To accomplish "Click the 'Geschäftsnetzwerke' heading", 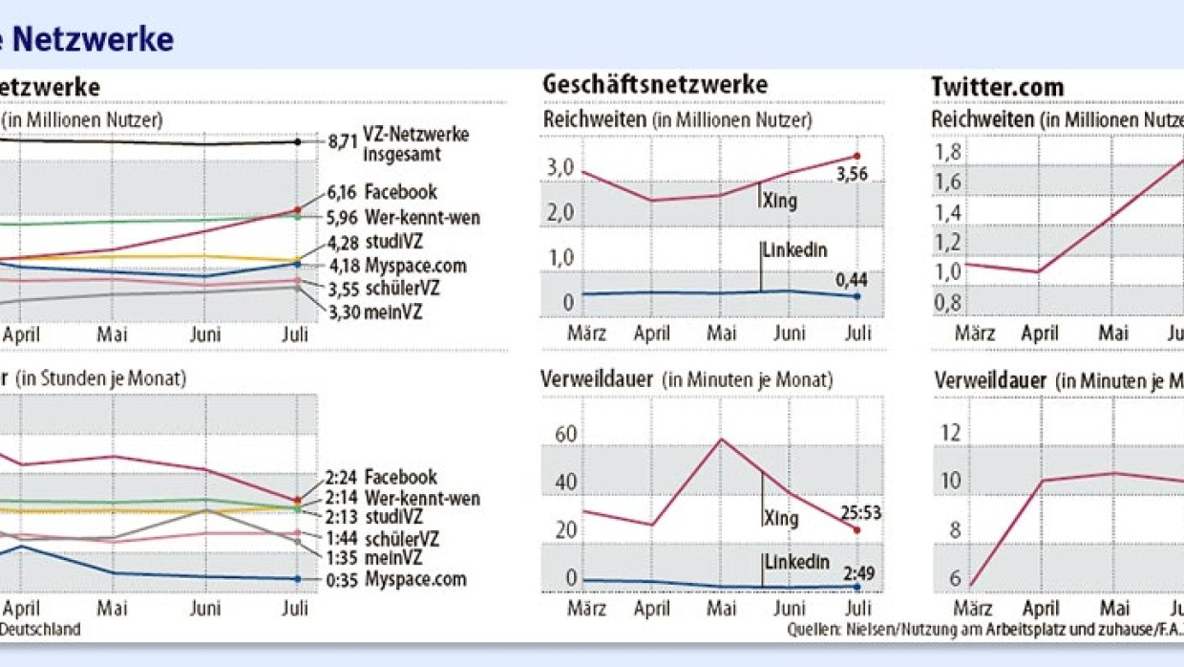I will click(655, 85).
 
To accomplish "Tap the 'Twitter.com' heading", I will click(997, 87).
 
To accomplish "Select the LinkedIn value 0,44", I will click(853, 279).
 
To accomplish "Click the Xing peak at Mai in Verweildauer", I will click(721, 440).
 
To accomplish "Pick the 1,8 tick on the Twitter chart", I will click(949, 153).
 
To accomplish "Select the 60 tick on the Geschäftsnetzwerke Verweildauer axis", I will click(565, 436).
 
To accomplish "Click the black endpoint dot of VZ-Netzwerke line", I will click(298, 141).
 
